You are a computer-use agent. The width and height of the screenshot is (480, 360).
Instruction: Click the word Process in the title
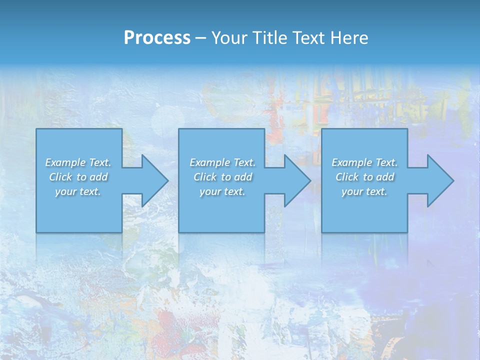pyautogui.click(x=157, y=37)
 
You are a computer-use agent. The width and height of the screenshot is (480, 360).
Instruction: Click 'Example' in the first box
pyautogui.click(x=65, y=162)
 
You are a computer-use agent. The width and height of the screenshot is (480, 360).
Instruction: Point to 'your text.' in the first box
pyautogui.click(x=78, y=191)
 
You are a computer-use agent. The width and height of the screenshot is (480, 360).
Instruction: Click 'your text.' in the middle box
pyautogui.click(x=222, y=191)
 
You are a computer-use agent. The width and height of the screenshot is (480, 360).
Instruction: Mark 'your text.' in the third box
pyautogui.click(x=364, y=191)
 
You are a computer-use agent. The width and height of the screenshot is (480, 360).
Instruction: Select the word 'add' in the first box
pyautogui.click(x=99, y=177)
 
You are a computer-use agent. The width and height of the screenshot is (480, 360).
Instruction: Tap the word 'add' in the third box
pyautogui.click(x=385, y=177)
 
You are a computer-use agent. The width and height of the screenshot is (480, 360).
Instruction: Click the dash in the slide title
pyautogui.click(x=201, y=37)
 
